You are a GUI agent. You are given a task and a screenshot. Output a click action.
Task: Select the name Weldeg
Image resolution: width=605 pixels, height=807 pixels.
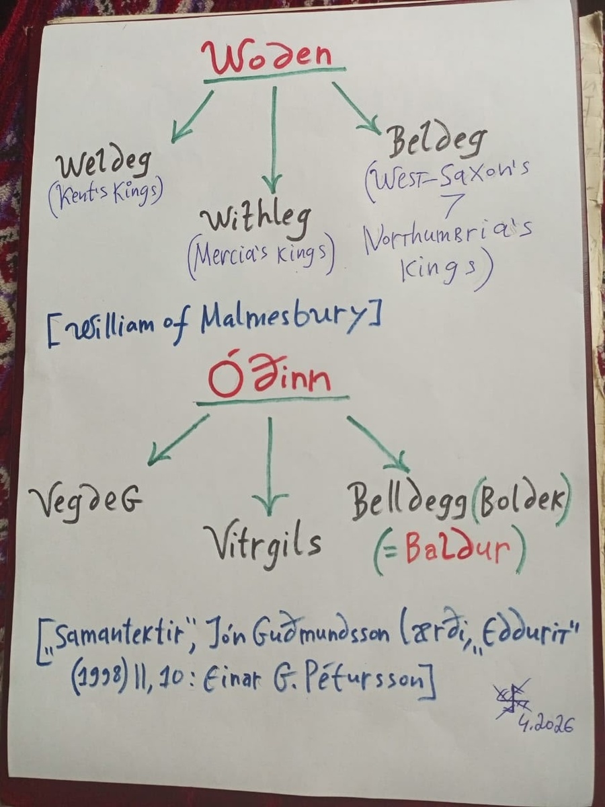click(x=104, y=165)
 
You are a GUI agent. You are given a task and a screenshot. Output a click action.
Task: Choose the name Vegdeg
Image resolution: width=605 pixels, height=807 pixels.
click(x=85, y=500)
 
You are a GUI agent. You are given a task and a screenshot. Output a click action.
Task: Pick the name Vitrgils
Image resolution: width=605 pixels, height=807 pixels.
click(x=262, y=541)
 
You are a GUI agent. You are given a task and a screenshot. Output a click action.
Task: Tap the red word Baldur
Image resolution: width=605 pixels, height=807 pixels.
click(x=454, y=553)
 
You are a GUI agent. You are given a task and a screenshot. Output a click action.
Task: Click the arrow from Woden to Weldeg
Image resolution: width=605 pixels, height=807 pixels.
click(x=192, y=116)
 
